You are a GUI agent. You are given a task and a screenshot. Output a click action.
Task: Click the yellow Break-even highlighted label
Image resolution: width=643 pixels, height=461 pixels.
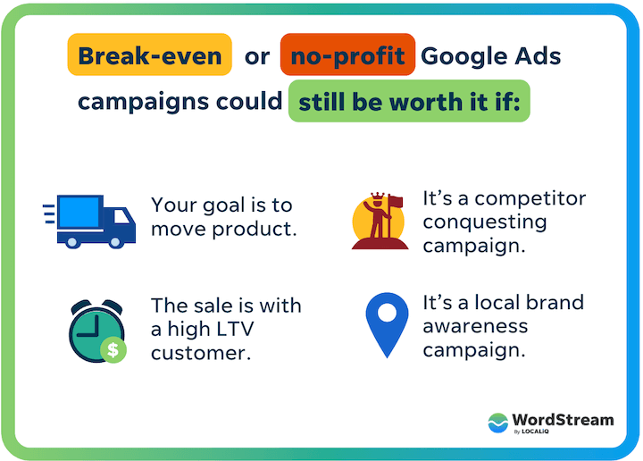pyautogui.click(x=149, y=56)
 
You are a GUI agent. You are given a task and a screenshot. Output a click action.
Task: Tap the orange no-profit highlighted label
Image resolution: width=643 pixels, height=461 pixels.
pyautogui.click(x=347, y=56)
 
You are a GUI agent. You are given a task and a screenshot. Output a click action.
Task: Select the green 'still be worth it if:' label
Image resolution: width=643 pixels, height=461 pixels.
pyautogui.click(x=409, y=101)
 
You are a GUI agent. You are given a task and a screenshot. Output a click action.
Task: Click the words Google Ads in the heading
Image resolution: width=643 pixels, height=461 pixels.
pyautogui.click(x=490, y=56)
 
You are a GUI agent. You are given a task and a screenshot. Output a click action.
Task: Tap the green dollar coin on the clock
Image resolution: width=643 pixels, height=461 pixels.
pyautogui.click(x=113, y=349)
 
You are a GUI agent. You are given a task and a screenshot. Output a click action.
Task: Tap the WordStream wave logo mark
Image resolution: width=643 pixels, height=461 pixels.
pyautogui.click(x=498, y=423)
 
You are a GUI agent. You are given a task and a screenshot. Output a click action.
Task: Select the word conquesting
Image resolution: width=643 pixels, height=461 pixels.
pyautogui.click(x=484, y=222)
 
